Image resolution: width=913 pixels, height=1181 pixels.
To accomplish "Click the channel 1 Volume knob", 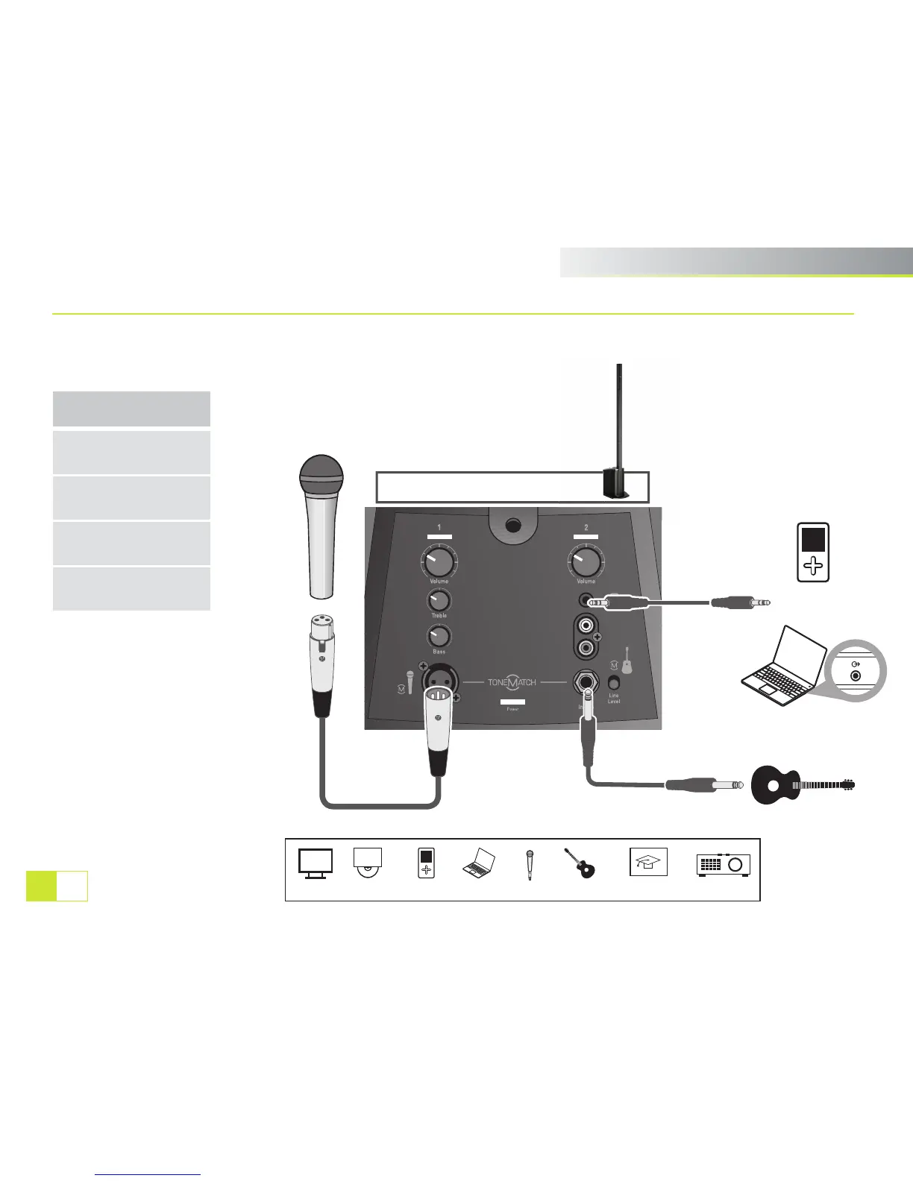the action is [x=439, y=561].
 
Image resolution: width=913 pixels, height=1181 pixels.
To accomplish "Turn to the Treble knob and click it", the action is [x=439, y=600].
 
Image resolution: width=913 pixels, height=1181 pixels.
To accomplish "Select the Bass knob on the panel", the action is [x=439, y=636].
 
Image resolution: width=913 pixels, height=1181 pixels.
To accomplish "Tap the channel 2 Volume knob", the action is [x=586, y=561].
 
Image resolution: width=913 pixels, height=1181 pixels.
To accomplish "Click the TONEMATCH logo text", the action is [x=512, y=682].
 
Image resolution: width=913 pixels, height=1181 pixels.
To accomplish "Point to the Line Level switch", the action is [x=614, y=682].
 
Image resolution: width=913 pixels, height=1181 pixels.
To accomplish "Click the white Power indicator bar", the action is [x=512, y=702].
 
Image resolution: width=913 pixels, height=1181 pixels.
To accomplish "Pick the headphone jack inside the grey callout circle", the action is [x=856, y=675].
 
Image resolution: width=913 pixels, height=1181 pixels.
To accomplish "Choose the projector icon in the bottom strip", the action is [x=723, y=864].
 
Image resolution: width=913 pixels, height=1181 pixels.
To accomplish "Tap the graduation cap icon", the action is [x=648, y=862].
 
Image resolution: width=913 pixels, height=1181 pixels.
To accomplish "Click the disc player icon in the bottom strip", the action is [x=368, y=863].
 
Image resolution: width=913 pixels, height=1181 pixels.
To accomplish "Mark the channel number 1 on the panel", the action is [x=439, y=528].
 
